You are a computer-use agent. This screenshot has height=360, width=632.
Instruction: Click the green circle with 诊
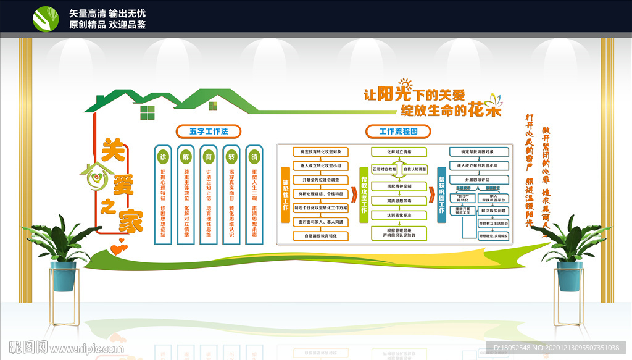163,156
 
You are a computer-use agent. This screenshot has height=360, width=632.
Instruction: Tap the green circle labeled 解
186,156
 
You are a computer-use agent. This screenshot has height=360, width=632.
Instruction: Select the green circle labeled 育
209,156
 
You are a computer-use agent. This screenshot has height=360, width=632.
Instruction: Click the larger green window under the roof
148,112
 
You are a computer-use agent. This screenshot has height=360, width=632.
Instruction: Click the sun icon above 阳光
405,83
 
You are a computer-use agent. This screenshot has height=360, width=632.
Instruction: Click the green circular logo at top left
46,19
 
